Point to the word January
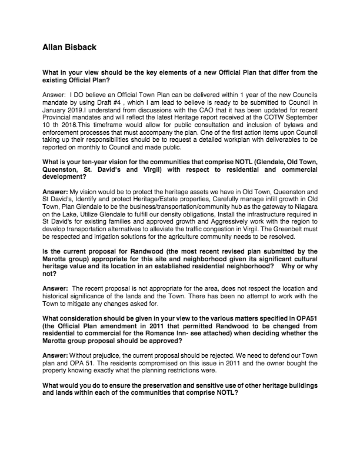pos(56,109)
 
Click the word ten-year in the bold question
pos(94,161)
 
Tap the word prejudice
pos(105,339)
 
